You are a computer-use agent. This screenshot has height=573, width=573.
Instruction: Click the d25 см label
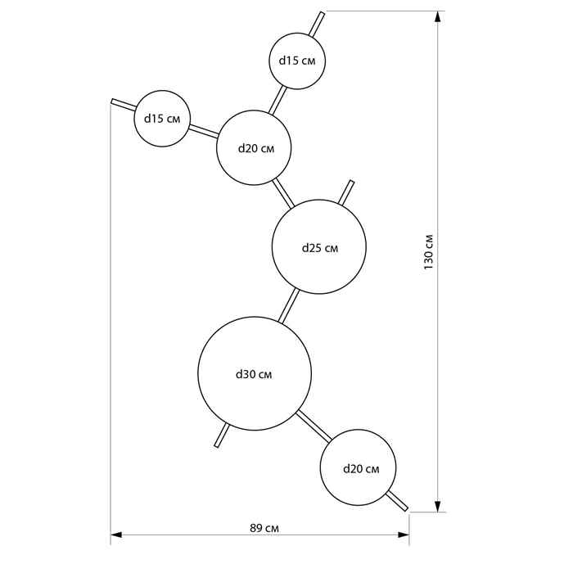[320, 248]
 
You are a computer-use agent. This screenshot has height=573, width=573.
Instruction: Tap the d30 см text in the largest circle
[254, 374]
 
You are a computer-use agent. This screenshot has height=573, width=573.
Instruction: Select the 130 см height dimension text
[428, 252]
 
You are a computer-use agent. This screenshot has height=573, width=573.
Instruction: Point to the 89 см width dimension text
[264, 528]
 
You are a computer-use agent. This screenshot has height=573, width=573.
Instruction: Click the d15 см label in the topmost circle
[297, 61]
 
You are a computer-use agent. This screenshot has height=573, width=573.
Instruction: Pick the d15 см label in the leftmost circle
[162, 119]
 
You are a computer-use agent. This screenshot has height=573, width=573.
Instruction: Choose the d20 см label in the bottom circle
[362, 469]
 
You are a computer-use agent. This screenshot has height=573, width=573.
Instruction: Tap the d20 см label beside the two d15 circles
[256, 148]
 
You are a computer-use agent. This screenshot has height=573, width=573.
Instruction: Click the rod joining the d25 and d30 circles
[289, 306]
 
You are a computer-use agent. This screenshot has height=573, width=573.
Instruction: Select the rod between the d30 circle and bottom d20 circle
[314, 426]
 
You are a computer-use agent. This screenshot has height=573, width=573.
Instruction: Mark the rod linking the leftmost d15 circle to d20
[204, 131]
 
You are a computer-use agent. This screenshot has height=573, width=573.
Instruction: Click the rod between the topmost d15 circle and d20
[277, 100]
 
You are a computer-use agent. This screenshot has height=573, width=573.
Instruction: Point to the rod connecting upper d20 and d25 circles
[283, 193]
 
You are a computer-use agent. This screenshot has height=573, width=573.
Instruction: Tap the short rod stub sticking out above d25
[345, 192]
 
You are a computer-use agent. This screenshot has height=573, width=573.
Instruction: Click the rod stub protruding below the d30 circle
[222, 435]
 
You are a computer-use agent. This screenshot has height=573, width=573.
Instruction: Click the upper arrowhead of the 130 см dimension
[438, 17]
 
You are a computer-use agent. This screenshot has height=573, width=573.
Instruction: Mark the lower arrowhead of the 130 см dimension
[438, 506]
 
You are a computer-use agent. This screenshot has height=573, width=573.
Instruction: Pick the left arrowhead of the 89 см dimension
[116, 535]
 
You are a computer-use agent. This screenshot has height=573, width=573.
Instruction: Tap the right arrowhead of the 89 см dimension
[403, 535]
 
